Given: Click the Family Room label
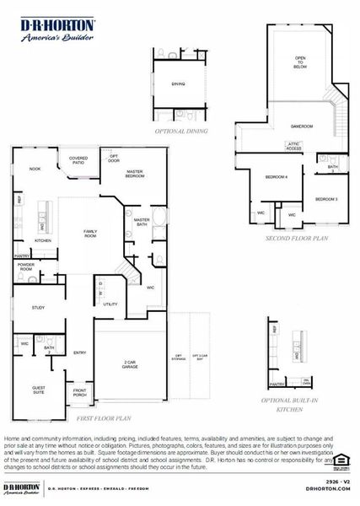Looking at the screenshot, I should coord(89,233).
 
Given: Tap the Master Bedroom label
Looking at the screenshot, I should coord(134,173).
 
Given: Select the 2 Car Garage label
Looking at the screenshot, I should coord(130,364).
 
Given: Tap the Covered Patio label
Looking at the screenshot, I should coord(78,159).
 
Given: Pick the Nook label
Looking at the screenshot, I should coord(35,169).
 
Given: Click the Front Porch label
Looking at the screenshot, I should coord(79,391).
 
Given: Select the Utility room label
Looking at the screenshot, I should coord(110,304).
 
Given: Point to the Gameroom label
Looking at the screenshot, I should coord(302,126).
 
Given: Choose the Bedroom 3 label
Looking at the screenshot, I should coord(326,198).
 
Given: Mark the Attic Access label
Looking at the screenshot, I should coord(293,147).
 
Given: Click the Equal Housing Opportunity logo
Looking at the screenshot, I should coord(341,460).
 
